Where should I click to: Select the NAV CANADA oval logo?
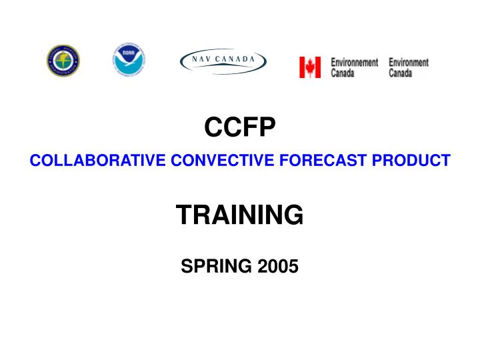[x=223, y=61]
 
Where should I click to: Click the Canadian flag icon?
[x=310, y=67]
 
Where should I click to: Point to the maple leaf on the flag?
[x=310, y=67]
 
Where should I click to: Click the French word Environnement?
[x=355, y=62]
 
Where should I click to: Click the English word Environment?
[x=409, y=62]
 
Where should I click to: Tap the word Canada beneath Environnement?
[x=343, y=73]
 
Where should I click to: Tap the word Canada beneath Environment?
[x=401, y=73]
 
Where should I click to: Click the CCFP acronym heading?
[x=239, y=127]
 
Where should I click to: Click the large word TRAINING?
[x=239, y=215]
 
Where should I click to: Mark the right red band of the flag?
[x=318, y=67]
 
